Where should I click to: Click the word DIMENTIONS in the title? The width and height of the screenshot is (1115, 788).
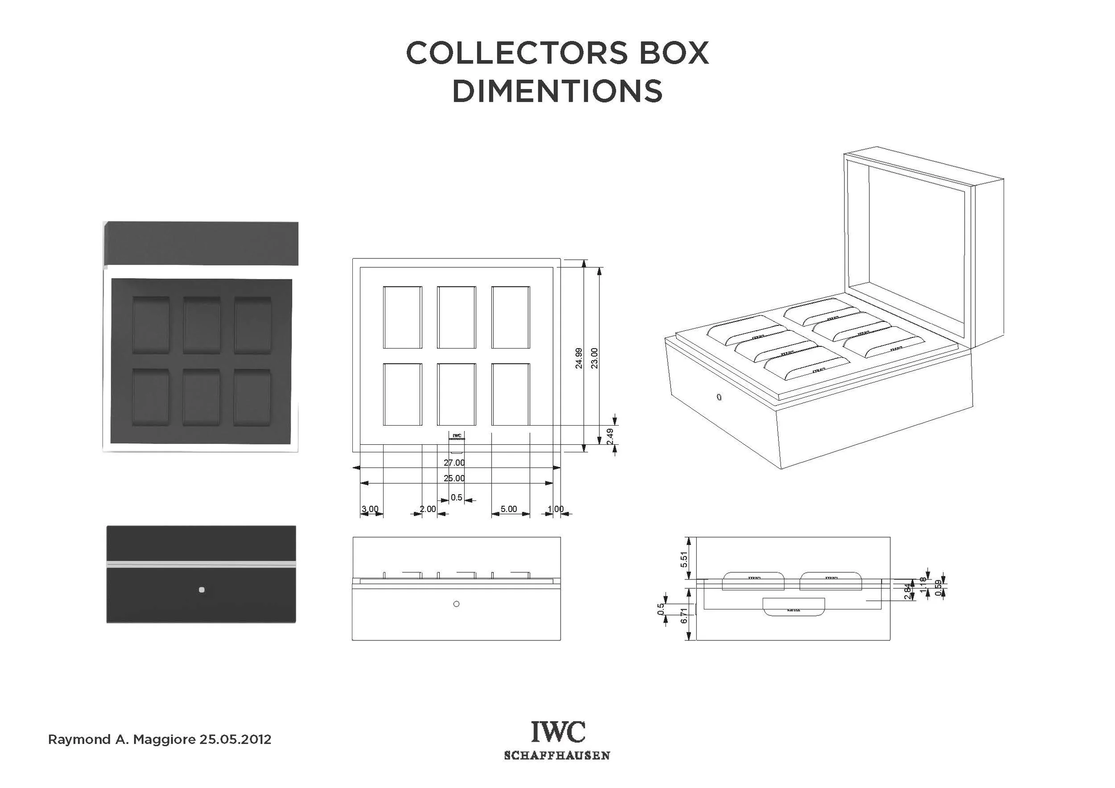pos(557,91)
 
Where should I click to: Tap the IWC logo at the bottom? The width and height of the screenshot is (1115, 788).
pos(557,732)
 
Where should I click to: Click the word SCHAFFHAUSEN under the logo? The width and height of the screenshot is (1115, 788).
pos(557,755)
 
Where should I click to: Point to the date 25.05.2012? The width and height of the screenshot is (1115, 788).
pos(235,739)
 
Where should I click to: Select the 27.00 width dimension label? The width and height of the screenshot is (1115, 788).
pos(454,463)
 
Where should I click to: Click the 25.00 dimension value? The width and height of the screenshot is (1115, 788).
pos(454,478)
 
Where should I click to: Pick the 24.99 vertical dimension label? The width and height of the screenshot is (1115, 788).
pos(579,358)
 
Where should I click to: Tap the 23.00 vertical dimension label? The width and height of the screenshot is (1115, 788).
pos(595,358)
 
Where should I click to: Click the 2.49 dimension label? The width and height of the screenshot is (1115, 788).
pos(611,436)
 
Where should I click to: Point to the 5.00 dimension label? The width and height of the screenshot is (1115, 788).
pos(508,509)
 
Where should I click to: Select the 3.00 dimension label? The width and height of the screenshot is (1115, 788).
pos(370,509)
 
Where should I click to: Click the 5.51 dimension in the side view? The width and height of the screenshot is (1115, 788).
pos(684,560)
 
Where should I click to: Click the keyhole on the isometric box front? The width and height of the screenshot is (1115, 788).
pos(719,397)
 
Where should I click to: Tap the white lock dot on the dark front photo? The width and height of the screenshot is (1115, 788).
pos(202,590)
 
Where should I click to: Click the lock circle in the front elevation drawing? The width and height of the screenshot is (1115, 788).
pos(456,604)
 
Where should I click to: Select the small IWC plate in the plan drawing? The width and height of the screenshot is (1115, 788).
pos(457,436)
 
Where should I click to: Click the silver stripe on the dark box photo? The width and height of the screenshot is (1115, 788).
pos(201,564)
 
